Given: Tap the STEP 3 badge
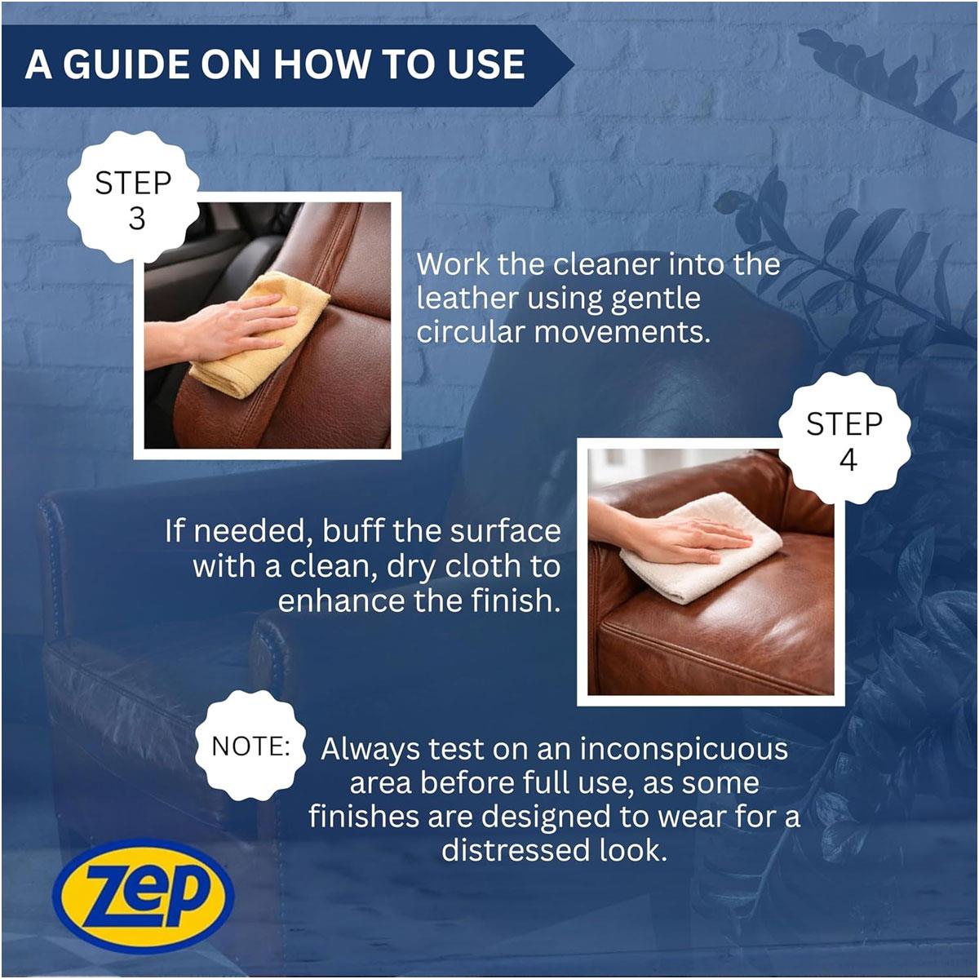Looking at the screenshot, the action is click(133, 197).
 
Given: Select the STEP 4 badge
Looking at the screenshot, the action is click(844, 438).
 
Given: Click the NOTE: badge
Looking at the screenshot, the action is click(250, 746).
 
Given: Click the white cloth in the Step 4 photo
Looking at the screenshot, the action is click(701, 549).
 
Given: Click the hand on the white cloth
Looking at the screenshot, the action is click(676, 538).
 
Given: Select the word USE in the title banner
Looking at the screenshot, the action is click(486, 65).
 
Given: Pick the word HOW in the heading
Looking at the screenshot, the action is click(321, 65).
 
